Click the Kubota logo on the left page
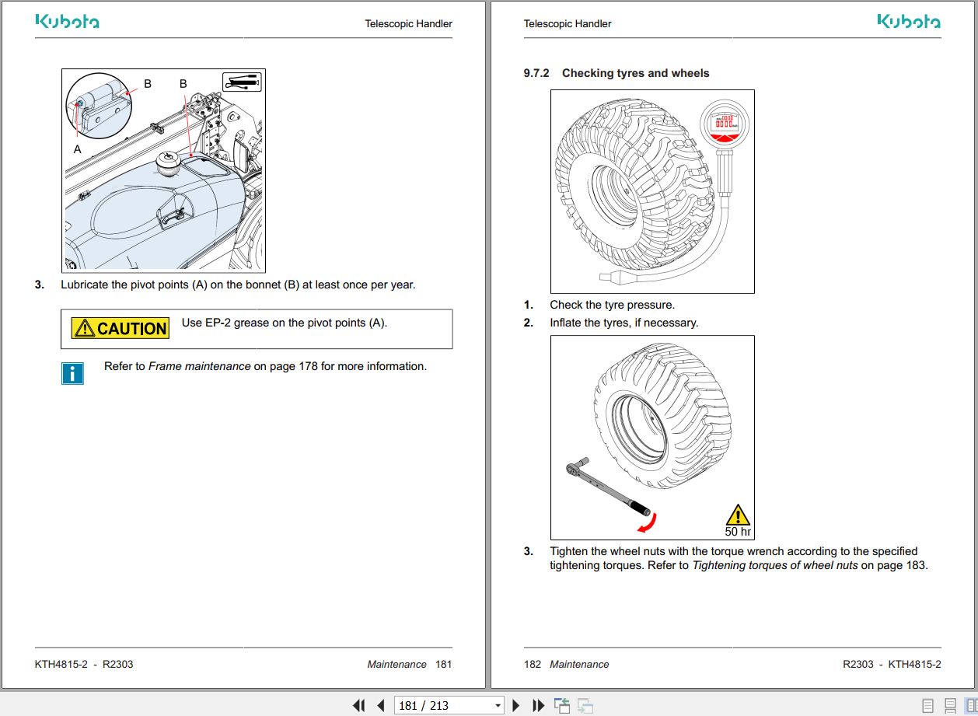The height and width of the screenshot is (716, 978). (67, 22)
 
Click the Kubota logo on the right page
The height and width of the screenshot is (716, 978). (909, 22)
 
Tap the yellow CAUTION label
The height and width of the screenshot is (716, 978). (121, 328)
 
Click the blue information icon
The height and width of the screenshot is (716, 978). (72, 373)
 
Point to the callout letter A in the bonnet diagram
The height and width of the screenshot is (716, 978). (77, 148)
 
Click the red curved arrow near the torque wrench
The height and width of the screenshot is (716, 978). (644, 523)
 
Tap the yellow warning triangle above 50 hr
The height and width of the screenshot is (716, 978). (737, 515)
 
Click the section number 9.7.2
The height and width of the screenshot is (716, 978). (536, 73)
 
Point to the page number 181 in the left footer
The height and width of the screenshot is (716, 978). (443, 664)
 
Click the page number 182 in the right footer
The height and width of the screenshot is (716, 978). (533, 664)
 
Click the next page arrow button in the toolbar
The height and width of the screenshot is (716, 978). (515, 705)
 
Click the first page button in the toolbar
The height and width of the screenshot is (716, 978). (358, 705)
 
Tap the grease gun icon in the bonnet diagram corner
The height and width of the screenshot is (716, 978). (242, 82)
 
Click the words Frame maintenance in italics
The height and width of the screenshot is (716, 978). (200, 366)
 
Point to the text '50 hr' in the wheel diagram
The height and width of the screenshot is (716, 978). (738, 532)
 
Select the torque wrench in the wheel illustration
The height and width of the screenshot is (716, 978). (607, 487)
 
